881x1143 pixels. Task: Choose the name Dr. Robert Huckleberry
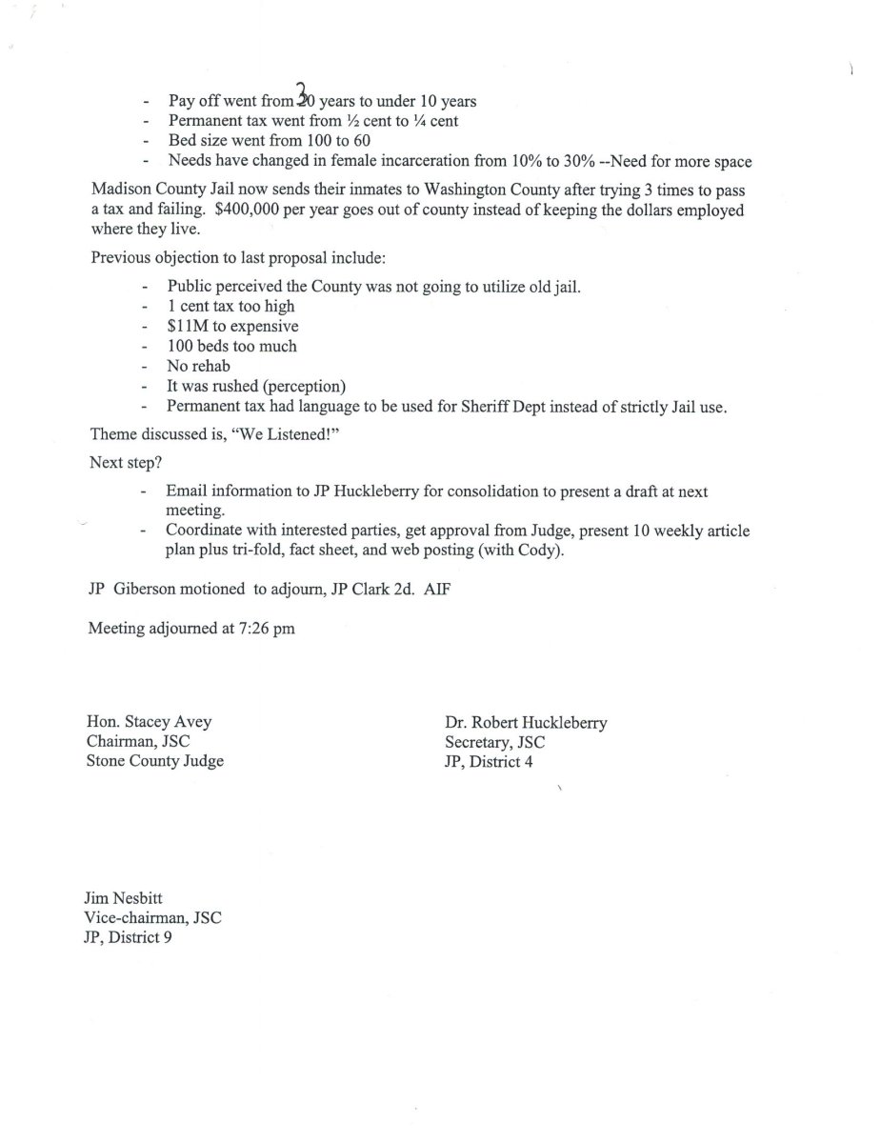[525, 722]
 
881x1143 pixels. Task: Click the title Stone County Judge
[154, 761]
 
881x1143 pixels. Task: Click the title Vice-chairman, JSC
[153, 917]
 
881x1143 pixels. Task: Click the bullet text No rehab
[198, 367]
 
